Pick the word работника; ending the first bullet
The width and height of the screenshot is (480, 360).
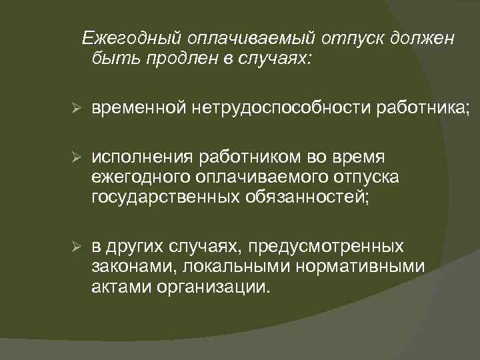pos(421,109)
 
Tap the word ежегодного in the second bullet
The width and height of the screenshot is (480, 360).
pos(142,178)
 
